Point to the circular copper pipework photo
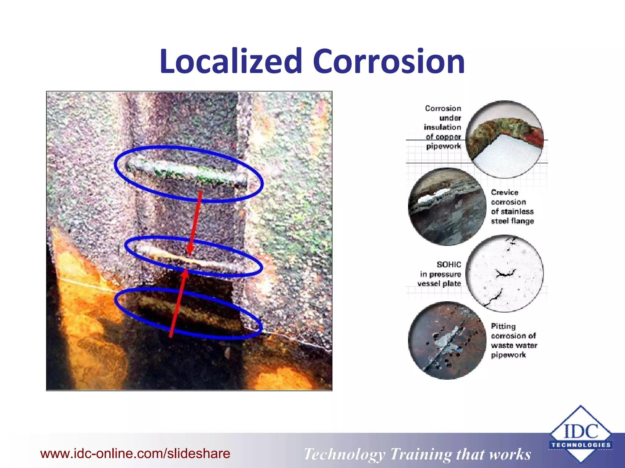[x=504, y=139]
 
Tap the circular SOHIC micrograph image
[x=505, y=273]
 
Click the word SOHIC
[x=449, y=264]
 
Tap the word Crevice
[x=504, y=193]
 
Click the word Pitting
[x=503, y=326]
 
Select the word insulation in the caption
[x=442, y=127]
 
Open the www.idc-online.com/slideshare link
[x=135, y=453]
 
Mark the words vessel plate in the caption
[x=439, y=284]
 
